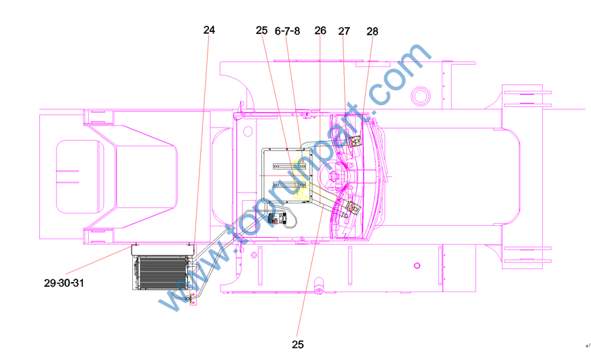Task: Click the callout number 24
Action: click(209, 30)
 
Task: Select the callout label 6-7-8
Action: click(287, 31)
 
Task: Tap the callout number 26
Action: click(320, 31)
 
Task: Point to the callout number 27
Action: click(344, 31)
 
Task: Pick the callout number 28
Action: click(373, 32)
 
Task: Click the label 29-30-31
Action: click(64, 283)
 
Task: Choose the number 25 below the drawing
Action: click(298, 344)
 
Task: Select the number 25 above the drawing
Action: click(262, 31)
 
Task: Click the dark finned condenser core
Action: click(163, 273)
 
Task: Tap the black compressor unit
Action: click(277, 219)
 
